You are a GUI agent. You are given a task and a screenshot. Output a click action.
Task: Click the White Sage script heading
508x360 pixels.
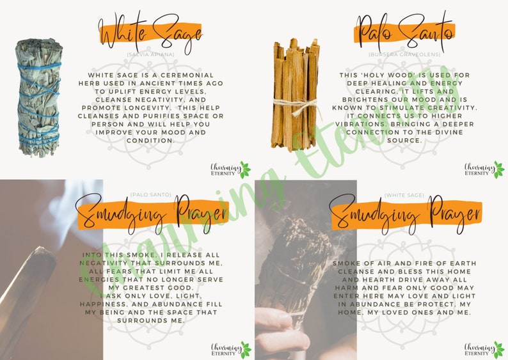(x=150, y=33)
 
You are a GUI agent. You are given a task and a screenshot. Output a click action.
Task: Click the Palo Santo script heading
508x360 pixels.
(x=404, y=32)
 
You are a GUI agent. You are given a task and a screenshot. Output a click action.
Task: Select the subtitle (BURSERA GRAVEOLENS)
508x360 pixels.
(x=404, y=55)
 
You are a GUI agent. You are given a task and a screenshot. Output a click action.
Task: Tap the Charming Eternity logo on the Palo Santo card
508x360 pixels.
(x=484, y=170)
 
